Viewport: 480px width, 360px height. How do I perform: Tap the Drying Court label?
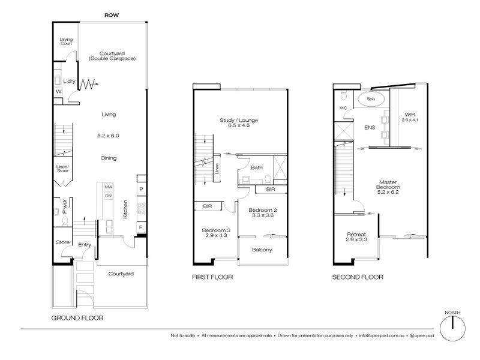[66, 41]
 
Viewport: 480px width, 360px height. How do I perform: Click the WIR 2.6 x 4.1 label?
[410, 116]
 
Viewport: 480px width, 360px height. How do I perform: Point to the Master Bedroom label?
[389, 187]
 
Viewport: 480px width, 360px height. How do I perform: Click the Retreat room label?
[356, 236]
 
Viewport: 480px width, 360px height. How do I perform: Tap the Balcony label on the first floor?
[263, 250]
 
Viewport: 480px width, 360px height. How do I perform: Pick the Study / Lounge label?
[239, 123]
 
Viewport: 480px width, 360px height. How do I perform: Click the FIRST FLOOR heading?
[213, 278]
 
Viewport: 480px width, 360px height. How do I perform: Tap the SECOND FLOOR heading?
[358, 278]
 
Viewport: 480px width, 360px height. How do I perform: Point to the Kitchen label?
[125, 209]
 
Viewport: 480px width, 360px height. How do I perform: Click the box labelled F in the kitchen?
[141, 228]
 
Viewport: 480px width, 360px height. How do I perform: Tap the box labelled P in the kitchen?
[141, 189]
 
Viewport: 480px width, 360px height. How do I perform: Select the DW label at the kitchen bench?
[109, 196]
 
